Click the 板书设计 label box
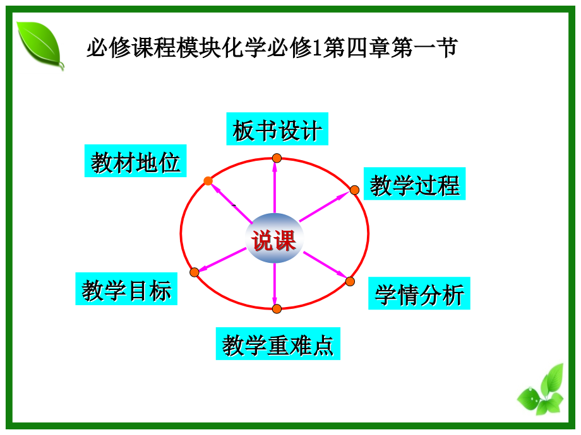coord(277,130)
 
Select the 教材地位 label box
coord(136,161)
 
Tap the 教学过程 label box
coord(414,184)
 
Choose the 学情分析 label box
coord(419,293)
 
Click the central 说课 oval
coord(275,240)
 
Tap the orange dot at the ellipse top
coord(277,158)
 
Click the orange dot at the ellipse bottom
coord(277,308)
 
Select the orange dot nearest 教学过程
coord(354,190)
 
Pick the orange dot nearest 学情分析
coord(350,282)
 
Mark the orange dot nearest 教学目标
coord(195,272)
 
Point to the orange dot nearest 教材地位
coord(208,181)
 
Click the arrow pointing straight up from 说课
coord(275,189)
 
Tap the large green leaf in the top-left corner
coord(39,44)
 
